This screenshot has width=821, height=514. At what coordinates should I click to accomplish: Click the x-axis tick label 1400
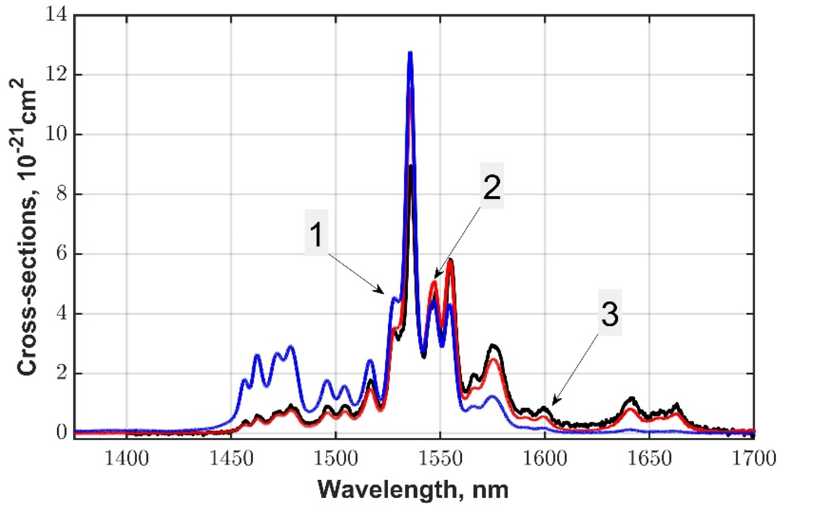tap(127, 459)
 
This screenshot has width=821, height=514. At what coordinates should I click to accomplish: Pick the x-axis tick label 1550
tap(440, 459)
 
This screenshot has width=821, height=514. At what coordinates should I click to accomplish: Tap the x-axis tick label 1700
tap(753, 459)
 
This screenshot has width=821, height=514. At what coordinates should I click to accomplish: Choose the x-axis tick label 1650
tap(649, 459)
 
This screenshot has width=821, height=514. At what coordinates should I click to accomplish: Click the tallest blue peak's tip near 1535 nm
tap(410, 53)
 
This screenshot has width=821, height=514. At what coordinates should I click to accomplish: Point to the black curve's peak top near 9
tap(410, 166)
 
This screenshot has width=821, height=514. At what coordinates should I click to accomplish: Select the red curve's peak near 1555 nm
tap(450, 261)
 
